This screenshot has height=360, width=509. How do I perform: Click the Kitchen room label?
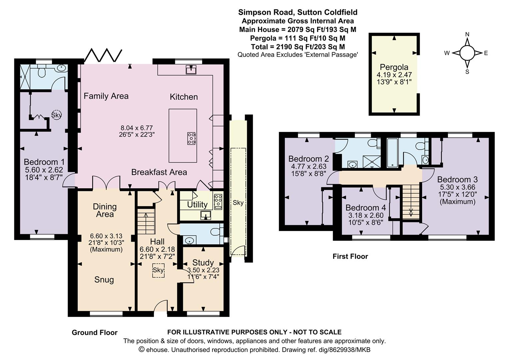click(x=184, y=97)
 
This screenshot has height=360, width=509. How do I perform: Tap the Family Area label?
click(x=106, y=96)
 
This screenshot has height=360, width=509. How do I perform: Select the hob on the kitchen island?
click(x=192, y=138)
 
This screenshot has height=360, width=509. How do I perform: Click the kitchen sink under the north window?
click(x=191, y=70)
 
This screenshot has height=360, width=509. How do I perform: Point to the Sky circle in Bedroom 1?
click(x=56, y=115)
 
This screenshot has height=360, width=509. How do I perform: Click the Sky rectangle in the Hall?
click(x=158, y=270)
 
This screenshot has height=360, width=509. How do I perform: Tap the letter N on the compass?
click(x=467, y=34)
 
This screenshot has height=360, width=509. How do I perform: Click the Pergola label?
click(x=394, y=67)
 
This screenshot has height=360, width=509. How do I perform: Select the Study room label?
click(x=203, y=263)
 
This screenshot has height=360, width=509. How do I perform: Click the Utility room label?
click(x=197, y=205)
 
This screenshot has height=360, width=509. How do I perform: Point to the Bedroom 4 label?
click(x=366, y=208)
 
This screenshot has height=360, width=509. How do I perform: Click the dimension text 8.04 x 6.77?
click(x=137, y=128)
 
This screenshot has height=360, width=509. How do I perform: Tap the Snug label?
click(x=104, y=280)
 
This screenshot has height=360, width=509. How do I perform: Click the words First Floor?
click(x=350, y=256)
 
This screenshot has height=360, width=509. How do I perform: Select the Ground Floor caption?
click(x=95, y=332)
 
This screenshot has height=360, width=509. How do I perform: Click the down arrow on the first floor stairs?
click(x=411, y=212)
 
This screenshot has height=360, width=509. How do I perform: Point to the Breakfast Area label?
click(x=159, y=172)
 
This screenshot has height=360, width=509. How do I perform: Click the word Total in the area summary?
click(x=261, y=47)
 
